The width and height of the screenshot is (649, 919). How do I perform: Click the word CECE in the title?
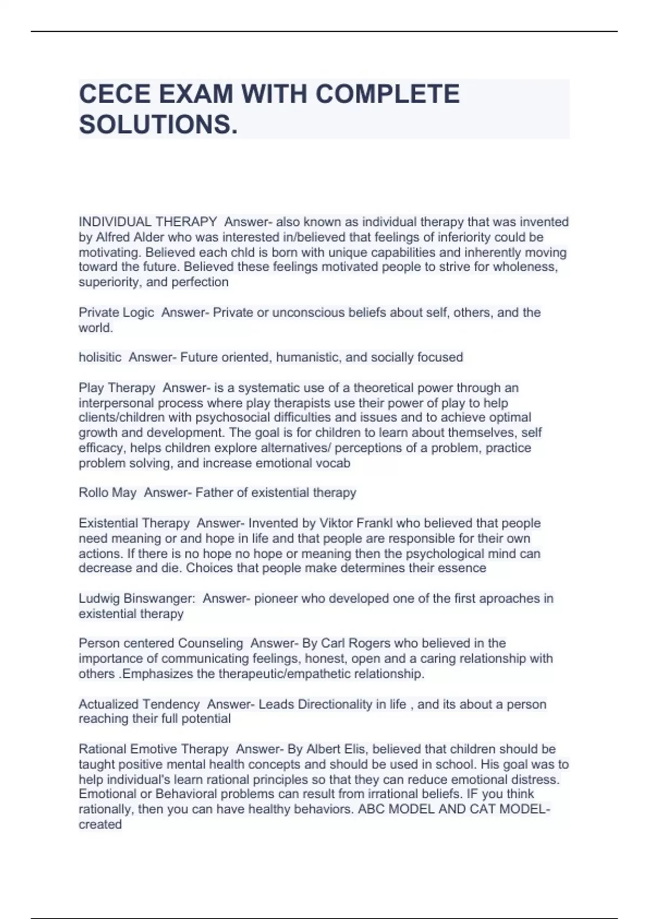115,94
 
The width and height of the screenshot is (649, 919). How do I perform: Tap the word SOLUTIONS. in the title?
158,125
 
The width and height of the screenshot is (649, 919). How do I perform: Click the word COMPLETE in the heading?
387,94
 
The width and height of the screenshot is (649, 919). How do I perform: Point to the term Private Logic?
116,312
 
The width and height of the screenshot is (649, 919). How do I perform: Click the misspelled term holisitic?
100,357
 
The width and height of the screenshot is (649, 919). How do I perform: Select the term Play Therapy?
117,388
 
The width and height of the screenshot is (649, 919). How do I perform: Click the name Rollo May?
108,493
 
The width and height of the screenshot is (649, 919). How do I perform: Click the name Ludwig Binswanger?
137,598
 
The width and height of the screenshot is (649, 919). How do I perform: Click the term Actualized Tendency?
139,704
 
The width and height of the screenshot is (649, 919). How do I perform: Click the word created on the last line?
100,824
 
